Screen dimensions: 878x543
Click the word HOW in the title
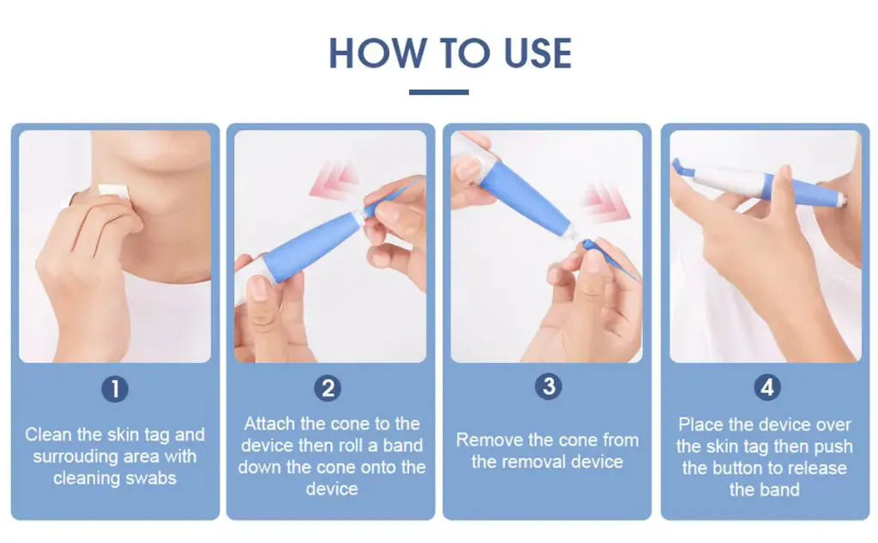[377, 53]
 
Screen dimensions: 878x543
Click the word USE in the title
[538, 53]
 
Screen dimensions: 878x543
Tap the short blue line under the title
[439, 92]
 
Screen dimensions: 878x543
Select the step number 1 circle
[115, 389]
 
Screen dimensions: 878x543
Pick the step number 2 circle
[328, 388]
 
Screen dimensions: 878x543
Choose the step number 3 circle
[549, 386]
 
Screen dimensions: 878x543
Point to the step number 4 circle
[767, 387]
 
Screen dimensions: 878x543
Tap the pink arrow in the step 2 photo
[334, 180]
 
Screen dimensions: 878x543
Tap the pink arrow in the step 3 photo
[606, 202]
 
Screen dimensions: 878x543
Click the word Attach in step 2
[270, 424]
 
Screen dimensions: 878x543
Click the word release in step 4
[817, 468]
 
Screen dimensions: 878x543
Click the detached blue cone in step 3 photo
[610, 261]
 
